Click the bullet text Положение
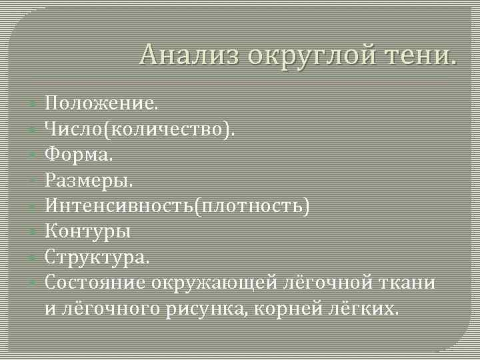coord(102,103)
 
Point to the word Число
coord(74,129)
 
